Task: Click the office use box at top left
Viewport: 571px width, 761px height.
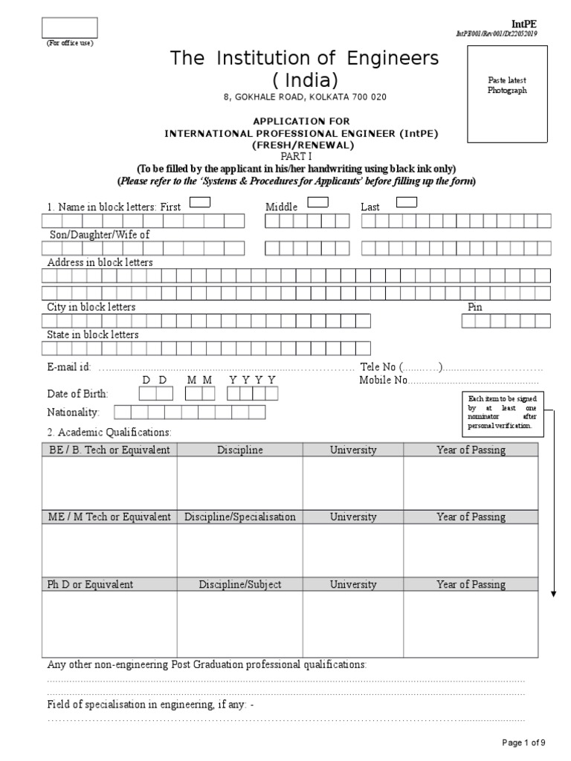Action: (69, 28)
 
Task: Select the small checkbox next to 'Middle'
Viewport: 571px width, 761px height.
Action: (317, 202)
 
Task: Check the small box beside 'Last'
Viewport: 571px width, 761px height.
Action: (407, 202)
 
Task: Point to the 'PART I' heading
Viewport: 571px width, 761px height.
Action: (295, 156)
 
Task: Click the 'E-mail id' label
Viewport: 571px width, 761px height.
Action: (69, 367)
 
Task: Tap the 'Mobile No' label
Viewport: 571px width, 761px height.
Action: (384, 380)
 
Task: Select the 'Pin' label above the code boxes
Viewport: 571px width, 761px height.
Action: (474, 307)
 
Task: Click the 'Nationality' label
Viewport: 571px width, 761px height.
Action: (73, 412)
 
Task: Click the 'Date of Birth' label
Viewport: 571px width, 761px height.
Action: (77, 394)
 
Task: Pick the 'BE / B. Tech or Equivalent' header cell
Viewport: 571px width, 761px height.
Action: (109, 450)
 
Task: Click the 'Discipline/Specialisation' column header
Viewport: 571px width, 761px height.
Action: (239, 516)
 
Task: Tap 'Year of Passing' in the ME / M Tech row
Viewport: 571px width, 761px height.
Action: (471, 516)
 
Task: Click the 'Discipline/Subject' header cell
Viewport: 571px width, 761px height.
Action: (239, 584)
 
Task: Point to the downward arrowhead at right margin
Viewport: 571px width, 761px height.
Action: (554, 592)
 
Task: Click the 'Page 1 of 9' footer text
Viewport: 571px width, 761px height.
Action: (524, 742)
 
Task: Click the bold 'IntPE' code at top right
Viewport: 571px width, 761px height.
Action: (524, 24)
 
